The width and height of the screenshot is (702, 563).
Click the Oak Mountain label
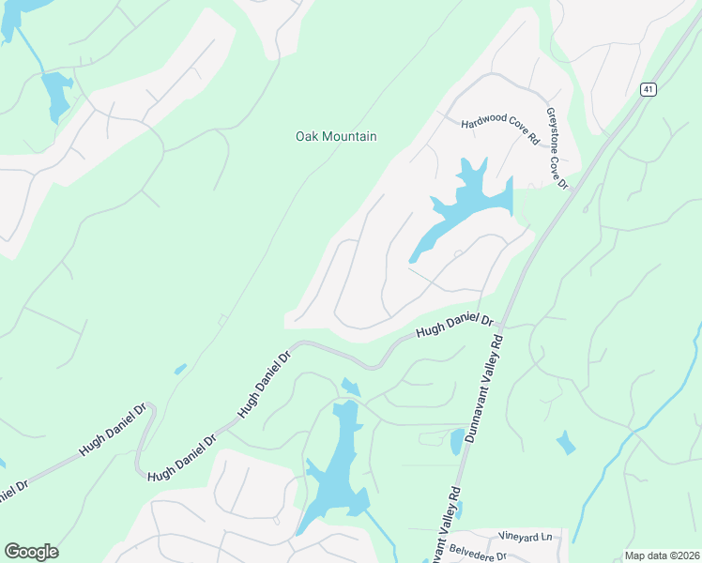[336, 137]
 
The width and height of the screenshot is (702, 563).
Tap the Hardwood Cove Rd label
[500, 131]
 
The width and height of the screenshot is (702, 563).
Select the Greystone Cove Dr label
[557, 148]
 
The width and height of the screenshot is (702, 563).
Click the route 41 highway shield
[649, 89]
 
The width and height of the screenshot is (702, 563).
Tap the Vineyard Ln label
[526, 537]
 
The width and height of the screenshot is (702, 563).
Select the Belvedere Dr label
[476, 555]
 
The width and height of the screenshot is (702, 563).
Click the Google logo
[31, 552]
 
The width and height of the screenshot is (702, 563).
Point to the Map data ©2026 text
[661, 555]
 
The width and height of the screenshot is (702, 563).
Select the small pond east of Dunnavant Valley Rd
[566, 442]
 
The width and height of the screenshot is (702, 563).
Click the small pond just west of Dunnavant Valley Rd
[456, 441]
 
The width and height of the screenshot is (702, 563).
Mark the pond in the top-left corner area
[55, 94]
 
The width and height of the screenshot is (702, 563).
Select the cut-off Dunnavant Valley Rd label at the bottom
[444, 525]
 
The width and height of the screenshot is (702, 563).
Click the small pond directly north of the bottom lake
[350, 386]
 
